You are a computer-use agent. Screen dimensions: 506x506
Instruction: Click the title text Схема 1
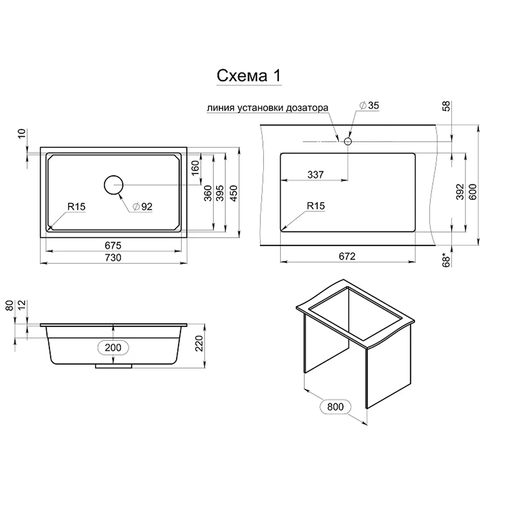pos(248,75)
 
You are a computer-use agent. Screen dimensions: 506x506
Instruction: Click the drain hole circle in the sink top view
pos(113,185)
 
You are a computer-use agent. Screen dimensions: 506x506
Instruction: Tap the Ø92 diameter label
pos(143,206)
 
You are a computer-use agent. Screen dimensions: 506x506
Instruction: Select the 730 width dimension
pos(113,258)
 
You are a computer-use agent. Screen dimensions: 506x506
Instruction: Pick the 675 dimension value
pos(113,245)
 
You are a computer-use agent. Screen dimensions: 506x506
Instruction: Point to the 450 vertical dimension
pos(234,193)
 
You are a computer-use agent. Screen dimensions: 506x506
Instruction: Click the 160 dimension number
pos(195,168)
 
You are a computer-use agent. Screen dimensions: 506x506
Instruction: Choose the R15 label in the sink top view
pos(76,207)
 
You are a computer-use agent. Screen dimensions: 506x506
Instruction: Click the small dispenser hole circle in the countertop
pos(347,142)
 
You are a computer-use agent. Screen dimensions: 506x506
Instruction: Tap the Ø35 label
pos(369,105)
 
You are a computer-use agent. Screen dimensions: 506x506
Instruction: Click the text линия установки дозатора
pos(268,108)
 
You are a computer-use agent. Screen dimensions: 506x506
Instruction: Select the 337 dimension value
pos(315,174)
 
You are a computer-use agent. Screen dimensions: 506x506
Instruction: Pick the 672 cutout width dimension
pos(347,256)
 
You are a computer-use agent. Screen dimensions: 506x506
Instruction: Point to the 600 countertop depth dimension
pos(472,192)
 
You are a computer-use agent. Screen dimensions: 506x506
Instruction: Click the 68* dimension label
pos(446,260)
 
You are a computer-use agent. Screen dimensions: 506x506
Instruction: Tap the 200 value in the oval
pos(113,347)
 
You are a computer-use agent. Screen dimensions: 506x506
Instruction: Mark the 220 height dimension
pos(199,343)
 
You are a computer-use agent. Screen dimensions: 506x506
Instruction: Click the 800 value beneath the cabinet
pos(335,407)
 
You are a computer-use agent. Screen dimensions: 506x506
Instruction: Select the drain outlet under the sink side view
pos(113,366)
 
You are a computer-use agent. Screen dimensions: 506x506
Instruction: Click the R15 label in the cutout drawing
pos(316,206)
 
